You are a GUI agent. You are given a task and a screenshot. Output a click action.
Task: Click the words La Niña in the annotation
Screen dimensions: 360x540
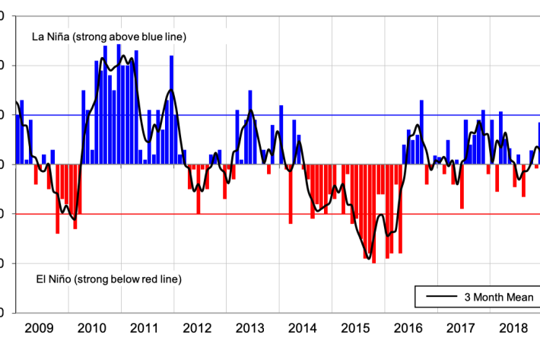(x=51, y=37)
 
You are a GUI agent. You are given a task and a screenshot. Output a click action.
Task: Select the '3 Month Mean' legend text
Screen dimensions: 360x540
(x=498, y=297)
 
